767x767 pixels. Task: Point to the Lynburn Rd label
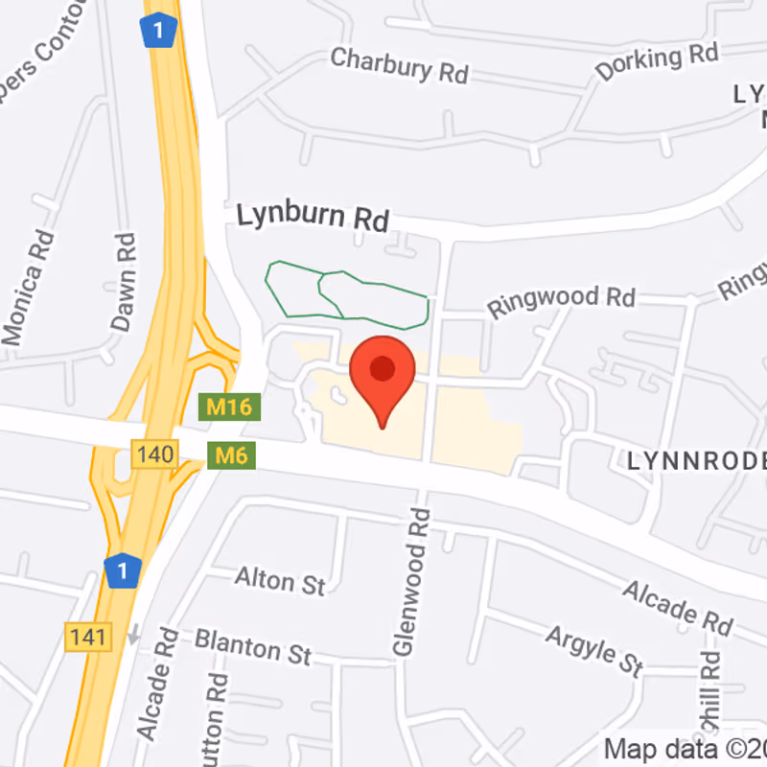(313, 216)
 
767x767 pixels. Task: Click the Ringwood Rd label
(561, 300)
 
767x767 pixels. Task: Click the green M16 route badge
(229, 407)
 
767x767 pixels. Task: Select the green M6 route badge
(231, 454)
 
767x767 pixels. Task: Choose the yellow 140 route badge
(154, 453)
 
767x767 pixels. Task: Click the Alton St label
(280, 580)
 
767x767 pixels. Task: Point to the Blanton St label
(252, 645)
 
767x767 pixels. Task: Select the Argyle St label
(594, 649)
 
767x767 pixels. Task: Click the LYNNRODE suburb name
(697, 461)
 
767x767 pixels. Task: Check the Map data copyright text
(685, 747)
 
